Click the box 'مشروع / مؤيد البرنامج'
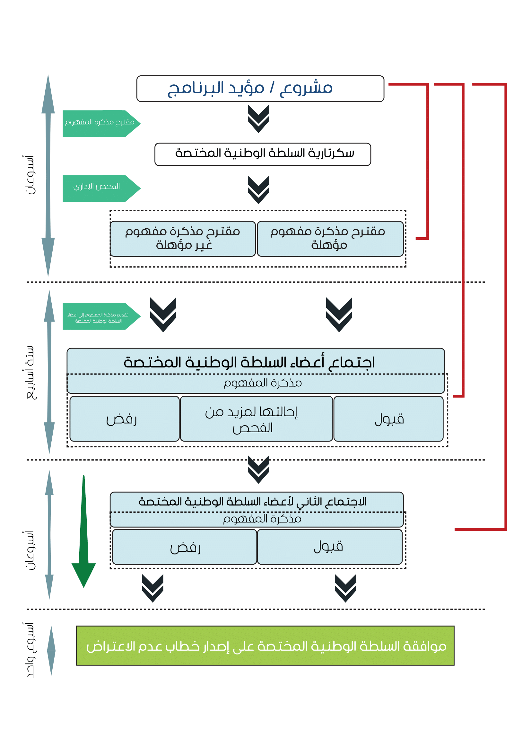(x=260, y=88)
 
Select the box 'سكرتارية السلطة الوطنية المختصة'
(x=263, y=154)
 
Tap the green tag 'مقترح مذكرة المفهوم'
(x=100, y=123)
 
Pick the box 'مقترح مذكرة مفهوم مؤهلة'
(x=330, y=239)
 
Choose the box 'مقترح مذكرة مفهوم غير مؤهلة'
(x=183, y=239)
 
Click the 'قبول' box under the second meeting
(x=329, y=546)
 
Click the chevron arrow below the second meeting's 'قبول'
(x=345, y=588)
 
